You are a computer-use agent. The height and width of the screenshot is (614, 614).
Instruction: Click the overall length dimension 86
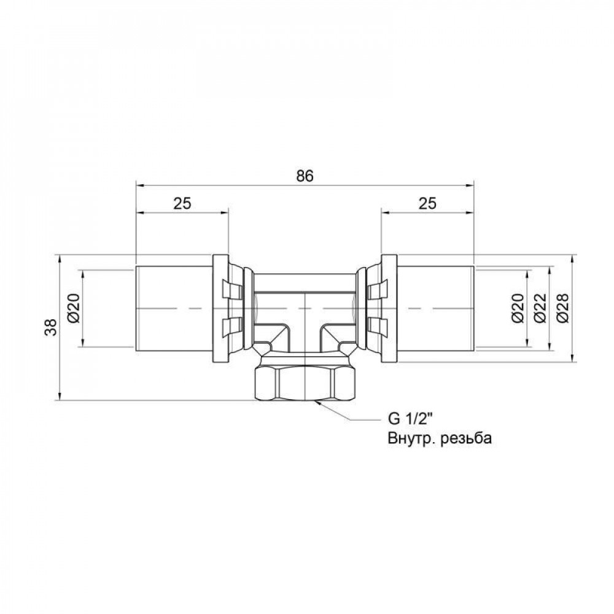[x=305, y=176]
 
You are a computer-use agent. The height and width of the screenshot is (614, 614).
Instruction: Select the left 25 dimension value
[x=182, y=204]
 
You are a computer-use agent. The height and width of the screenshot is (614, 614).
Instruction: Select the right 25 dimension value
[x=427, y=204]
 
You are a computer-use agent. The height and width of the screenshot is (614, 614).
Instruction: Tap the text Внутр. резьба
[x=440, y=438]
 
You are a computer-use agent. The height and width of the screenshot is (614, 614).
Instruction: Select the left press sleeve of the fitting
[x=174, y=308]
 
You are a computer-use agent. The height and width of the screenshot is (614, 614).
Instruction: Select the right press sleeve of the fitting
[x=435, y=308]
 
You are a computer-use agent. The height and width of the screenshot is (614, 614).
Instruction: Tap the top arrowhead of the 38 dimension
[x=59, y=258]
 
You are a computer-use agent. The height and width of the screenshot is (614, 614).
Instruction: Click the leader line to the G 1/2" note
[x=350, y=418]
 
